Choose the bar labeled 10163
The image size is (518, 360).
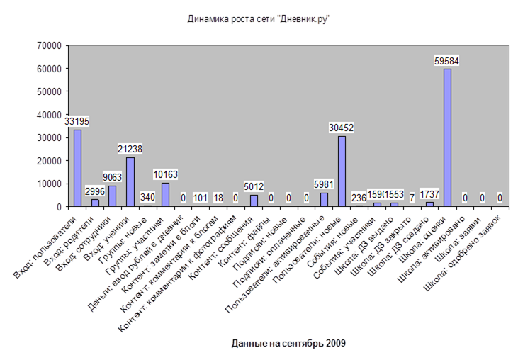pos(165,195)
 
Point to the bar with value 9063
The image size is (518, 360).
pos(112,196)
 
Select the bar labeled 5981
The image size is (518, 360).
pos(324,200)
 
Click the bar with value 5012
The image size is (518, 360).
pos(254,201)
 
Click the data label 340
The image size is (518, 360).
pos(147,198)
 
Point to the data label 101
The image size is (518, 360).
pos(201,198)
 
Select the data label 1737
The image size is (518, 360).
pos(429,193)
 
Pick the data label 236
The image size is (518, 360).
pos(359,198)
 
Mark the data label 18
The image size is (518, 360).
pos(218,198)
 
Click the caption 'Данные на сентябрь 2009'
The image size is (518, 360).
pos(288,344)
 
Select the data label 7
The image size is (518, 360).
pos(412,198)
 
